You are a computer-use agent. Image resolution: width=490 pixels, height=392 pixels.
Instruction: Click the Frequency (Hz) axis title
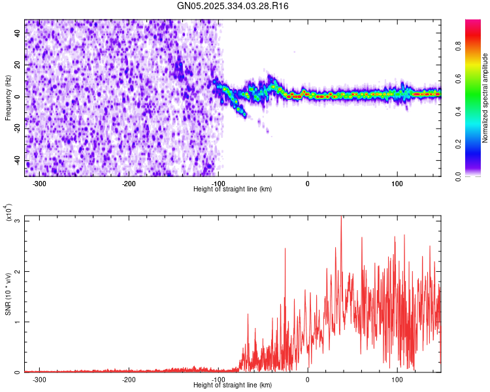(8, 98)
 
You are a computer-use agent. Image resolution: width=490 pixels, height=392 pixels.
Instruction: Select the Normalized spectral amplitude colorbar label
(485, 98)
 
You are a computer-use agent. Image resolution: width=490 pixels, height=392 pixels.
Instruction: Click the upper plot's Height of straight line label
(233, 189)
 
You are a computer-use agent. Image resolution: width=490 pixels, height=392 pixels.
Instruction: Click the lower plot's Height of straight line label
(233, 385)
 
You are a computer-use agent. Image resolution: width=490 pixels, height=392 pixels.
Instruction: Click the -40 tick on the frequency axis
(16, 161)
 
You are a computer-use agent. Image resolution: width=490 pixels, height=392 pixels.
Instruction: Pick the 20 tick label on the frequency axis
(18, 65)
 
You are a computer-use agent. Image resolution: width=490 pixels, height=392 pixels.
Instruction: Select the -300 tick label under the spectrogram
(39, 184)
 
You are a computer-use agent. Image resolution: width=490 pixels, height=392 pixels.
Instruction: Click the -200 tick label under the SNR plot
(129, 380)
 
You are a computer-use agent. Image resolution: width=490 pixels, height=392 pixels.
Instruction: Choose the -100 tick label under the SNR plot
(218, 380)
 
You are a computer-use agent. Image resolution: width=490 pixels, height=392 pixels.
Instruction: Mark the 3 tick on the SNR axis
(18, 221)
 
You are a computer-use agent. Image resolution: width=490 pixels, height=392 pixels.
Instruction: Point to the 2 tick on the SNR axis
(18, 271)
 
